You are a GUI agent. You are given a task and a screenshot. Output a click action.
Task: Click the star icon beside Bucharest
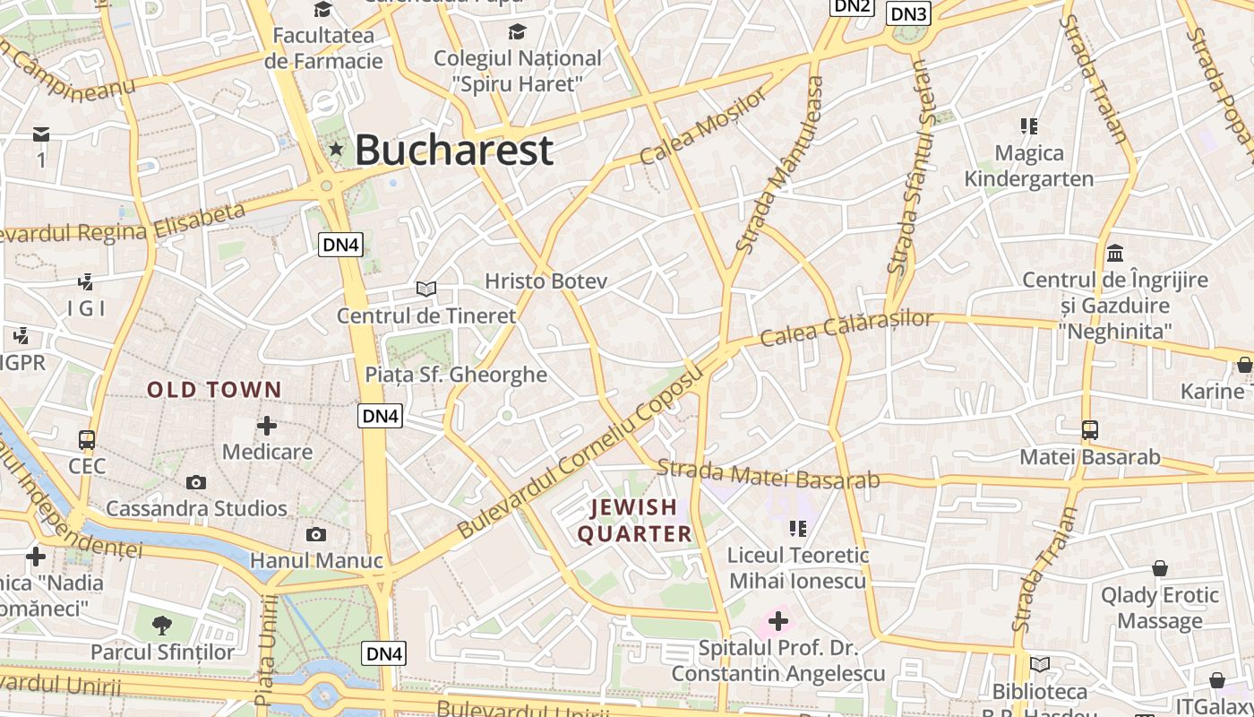[x=336, y=149]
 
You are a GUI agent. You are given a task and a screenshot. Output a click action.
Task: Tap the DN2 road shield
[x=851, y=6]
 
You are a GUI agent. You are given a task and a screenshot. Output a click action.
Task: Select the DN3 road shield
[x=909, y=13]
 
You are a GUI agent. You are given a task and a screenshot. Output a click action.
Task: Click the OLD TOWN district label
[x=214, y=390]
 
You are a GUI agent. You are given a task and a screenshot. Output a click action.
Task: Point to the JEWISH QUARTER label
[x=634, y=521]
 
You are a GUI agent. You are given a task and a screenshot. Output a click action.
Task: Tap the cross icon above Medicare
[x=267, y=425]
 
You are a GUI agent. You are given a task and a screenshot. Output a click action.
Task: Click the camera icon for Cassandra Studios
[x=196, y=482]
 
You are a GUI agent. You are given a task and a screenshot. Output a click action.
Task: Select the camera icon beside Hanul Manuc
[x=316, y=535]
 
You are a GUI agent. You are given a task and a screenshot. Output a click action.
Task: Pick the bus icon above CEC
[x=87, y=440]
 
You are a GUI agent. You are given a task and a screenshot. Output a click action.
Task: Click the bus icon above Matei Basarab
[x=1089, y=430]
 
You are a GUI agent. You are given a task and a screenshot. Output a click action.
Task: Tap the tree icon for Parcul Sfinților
[x=162, y=625]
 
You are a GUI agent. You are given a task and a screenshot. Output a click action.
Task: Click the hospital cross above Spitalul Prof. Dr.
[x=777, y=620]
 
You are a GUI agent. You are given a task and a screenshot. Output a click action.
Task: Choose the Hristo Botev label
[x=545, y=281]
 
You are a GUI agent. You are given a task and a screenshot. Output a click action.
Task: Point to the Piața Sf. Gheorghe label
[x=456, y=375]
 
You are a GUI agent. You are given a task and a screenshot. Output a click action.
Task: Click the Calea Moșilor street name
[x=704, y=125]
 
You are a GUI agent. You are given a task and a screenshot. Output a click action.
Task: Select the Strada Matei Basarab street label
[x=769, y=474]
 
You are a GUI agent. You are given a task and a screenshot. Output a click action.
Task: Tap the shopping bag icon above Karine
[x=1244, y=365]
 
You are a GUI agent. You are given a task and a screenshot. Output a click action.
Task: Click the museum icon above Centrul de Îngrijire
[x=1115, y=253]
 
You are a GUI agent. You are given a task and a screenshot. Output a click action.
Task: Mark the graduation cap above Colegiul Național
[x=517, y=32]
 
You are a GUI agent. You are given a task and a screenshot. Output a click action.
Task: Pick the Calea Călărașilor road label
[x=846, y=328]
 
